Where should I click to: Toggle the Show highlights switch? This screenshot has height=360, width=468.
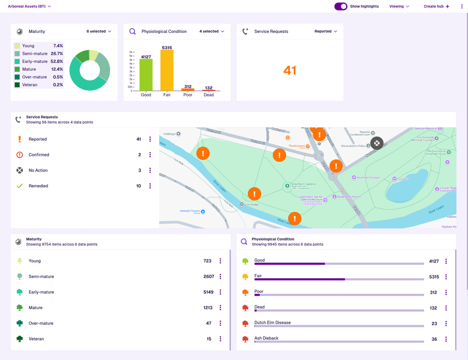[x=341, y=6]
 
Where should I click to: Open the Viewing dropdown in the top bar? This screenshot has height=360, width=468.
[x=399, y=6]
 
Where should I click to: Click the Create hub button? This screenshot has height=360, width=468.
[x=436, y=6]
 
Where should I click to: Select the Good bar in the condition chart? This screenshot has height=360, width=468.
[x=146, y=74]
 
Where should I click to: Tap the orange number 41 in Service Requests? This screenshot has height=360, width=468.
[x=290, y=70]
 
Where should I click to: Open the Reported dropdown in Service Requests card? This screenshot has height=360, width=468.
[x=326, y=31]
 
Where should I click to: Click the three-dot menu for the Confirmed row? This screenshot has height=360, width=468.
[x=150, y=155]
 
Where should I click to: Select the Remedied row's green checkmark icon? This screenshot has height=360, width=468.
[x=19, y=186]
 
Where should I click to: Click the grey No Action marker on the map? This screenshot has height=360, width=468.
[x=376, y=143]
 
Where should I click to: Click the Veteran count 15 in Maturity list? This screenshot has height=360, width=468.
[x=209, y=339]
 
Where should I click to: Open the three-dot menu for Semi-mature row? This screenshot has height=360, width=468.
[x=220, y=277]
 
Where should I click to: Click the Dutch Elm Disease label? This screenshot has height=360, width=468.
[x=272, y=323]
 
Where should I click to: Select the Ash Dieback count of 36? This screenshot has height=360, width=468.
[x=434, y=339]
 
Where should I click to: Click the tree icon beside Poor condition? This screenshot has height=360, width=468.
[x=245, y=292]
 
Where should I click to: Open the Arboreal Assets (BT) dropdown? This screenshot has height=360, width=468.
[x=30, y=6]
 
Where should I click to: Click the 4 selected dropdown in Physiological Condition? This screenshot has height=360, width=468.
[x=211, y=31]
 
